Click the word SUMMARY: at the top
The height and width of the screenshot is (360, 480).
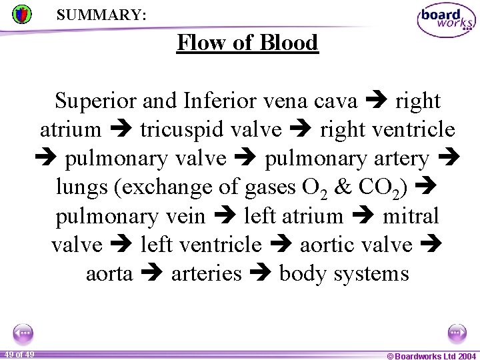click(x=101, y=14)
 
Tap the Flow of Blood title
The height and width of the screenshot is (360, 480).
click(x=247, y=43)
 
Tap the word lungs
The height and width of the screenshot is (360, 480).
click(x=82, y=187)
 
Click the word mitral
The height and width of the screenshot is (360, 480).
click(x=411, y=216)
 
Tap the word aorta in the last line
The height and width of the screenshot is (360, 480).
click(x=109, y=273)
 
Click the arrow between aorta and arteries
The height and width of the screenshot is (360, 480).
click(x=152, y=274)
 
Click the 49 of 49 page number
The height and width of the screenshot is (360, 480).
click(x=18, y=354)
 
